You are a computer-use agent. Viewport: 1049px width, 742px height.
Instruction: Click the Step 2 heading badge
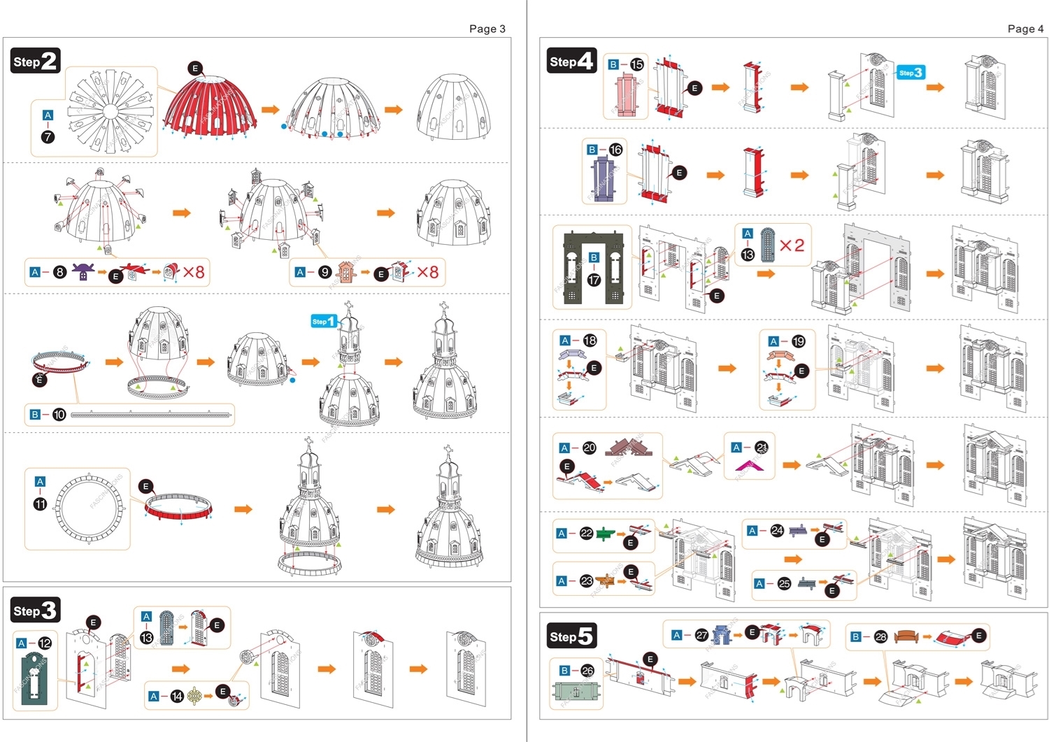(x=35, y=61)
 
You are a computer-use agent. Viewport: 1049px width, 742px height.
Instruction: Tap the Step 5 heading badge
(x=571, y=636)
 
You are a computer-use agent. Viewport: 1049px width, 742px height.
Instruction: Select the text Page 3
(x=487, y=29)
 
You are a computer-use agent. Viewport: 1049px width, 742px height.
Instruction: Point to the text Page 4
(x=1025, y=29)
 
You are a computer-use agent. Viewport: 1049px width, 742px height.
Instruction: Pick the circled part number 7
(x=48, y=137)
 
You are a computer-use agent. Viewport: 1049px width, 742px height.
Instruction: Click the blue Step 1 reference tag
(x=324, y=321)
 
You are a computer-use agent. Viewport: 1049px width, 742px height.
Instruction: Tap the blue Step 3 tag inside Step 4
(x=911, y=73)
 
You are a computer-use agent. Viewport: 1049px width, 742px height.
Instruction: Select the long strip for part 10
(x=151, y=415)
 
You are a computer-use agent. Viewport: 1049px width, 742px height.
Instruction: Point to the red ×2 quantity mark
(x=792, y=245)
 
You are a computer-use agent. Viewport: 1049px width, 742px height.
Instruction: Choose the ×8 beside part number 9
(x=427, y=272)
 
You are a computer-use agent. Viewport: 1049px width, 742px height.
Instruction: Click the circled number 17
(x=594, y=280)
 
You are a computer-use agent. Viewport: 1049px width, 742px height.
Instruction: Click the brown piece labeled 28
(x=906, y=636)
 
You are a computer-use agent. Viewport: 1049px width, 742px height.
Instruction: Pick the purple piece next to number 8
(x=83, y=271)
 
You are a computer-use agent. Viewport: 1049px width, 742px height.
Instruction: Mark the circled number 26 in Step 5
(x=587, y=671)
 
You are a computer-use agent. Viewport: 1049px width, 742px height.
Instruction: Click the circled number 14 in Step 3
(x=177, y=697)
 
